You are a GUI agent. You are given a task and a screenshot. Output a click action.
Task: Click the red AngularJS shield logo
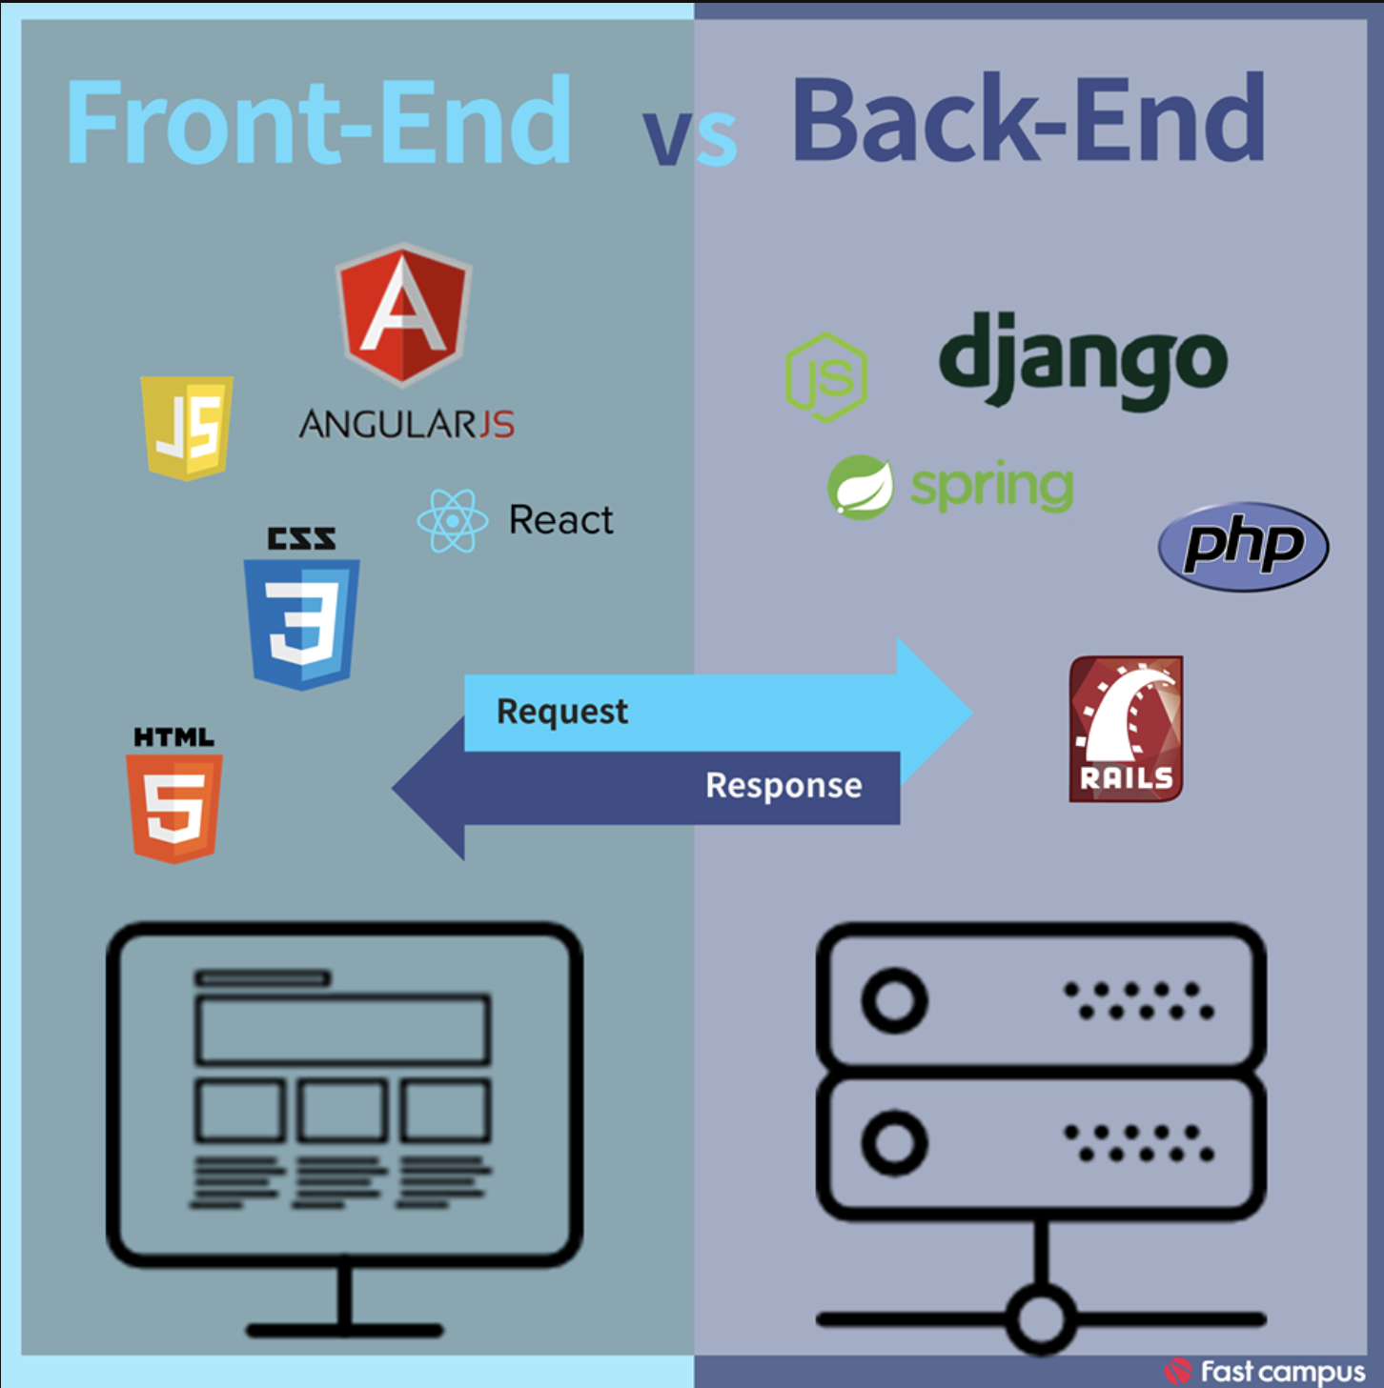[404, 312]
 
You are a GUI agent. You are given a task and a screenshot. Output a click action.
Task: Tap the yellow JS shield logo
[187, 427]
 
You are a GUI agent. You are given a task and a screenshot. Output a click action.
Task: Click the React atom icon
[453, 520]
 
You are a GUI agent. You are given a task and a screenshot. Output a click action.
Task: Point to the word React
[560, 520]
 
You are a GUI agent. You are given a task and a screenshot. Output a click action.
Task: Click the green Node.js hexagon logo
[825, 377]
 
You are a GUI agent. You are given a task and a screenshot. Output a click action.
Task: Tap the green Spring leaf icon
[860, 487]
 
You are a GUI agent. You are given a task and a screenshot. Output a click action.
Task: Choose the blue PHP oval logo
[1243, 547]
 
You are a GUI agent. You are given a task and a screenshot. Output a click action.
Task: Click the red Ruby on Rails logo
[1126, 729]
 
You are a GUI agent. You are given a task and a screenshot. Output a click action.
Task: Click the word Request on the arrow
[562, 712]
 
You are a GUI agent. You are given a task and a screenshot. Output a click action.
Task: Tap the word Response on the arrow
[784, 785]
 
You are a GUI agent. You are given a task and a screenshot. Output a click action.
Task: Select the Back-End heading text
[1029, 119]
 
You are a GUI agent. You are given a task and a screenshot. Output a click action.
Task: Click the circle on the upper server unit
[894, 1001]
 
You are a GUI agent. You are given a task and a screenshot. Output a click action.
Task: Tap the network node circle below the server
[1040, 1319]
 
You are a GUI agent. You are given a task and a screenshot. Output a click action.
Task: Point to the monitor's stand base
[345, 1330]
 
